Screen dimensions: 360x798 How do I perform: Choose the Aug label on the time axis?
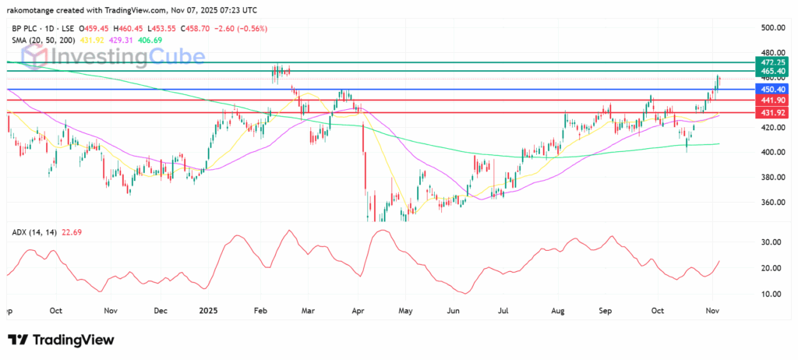coord(559,310)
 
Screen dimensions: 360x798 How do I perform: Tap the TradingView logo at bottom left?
coord(61,340)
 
